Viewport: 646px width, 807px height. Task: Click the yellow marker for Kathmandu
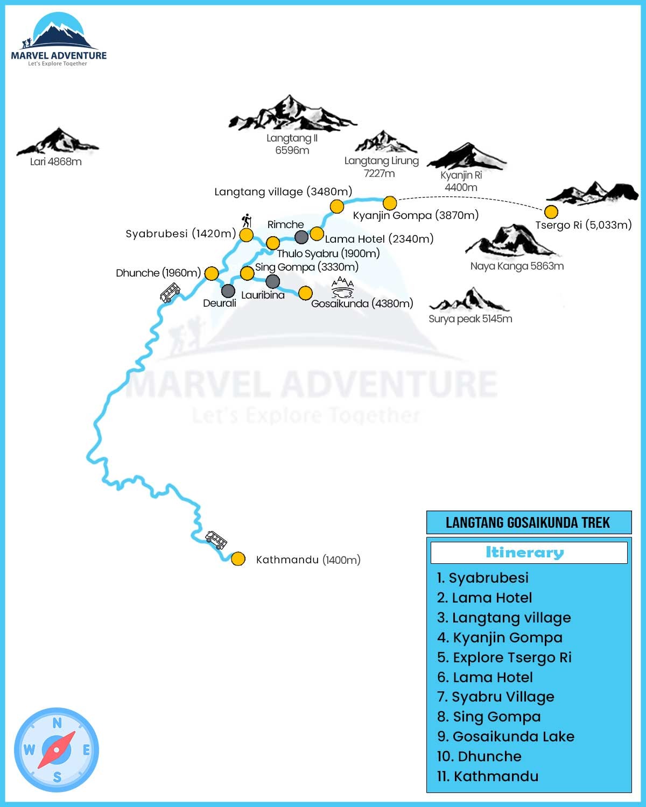coord(238,558)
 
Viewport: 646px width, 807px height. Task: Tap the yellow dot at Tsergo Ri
coord(551,211)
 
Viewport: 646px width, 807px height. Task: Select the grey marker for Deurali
coord(228,291)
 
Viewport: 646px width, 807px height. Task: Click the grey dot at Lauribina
coord(273,281)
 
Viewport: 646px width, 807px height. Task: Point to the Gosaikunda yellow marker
coord(305,293)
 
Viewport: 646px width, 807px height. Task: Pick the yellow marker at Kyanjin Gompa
coord(390,203)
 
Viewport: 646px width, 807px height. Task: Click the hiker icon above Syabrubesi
coord(247,220)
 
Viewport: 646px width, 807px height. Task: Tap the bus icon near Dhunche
coord(170,293)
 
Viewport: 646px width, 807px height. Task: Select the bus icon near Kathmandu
coord(216,539)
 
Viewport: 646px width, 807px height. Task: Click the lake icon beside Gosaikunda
coord(342,287)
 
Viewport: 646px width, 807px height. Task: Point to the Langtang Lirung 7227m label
coord(381,167)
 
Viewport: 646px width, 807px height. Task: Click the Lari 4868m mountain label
coord(56,161)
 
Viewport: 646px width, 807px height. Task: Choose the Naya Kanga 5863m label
coord(517,266)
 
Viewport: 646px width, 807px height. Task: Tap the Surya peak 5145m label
coord(470,318)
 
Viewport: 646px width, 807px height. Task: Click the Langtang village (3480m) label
coord(283,192)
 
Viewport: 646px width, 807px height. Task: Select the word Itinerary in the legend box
coord(525,553)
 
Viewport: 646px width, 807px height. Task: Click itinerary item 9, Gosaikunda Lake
coord(505,736)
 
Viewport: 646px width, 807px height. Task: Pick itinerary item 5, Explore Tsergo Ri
coord(504,657)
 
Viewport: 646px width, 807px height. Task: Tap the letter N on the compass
coord(57,723)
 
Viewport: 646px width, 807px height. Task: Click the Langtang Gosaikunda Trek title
coord(528,522)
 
